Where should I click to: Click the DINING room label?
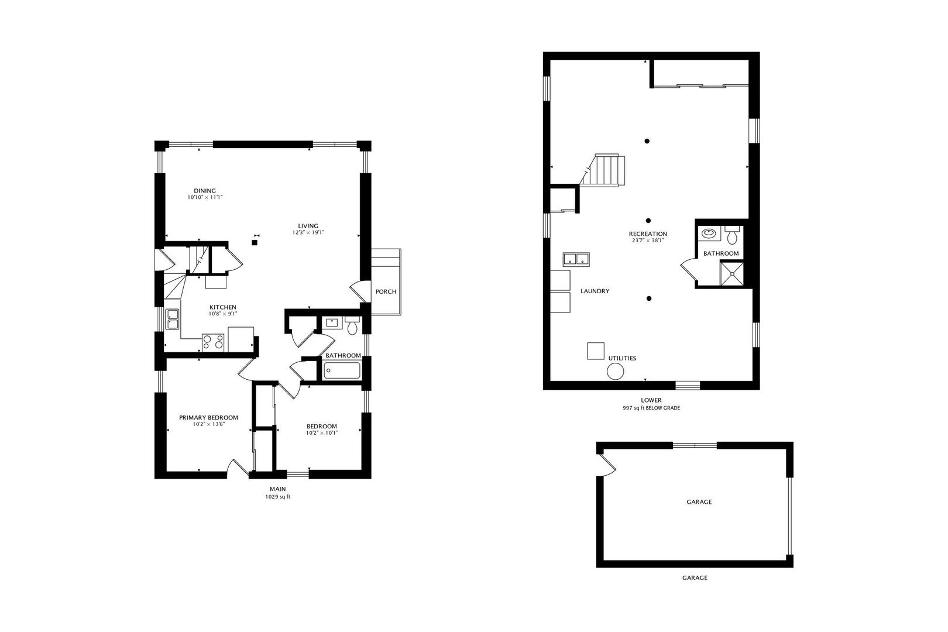pos(205,191)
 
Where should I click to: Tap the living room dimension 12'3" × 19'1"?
pos(308,232)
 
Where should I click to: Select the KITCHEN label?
pos(222,307)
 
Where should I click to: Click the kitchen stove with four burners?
pos(213,343)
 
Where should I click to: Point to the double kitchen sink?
pos(173,319)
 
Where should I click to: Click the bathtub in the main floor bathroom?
pos(342,371)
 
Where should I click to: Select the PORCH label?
pos(386,291)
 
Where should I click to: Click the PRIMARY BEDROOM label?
pos(209,418)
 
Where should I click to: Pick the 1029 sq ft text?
pos(277,497)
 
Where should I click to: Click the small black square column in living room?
pos(255,242)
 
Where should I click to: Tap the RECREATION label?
pos(648,233)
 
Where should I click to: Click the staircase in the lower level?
pos(603,170)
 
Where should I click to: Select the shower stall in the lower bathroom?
pos(731,274)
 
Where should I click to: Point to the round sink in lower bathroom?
pos(709,233)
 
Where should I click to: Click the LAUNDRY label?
pos(595,291)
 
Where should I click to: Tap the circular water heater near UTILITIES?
pos(616,372)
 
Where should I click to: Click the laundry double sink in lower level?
pos(576,259)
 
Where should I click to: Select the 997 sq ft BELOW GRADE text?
pos(651,408)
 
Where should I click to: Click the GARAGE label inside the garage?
pos(699,502)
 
